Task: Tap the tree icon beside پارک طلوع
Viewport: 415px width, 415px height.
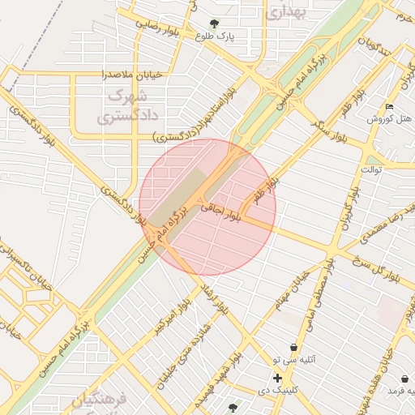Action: pos(214,24)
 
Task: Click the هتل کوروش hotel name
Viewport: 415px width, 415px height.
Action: pos(390,118)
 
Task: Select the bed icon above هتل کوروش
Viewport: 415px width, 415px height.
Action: pos(390,107)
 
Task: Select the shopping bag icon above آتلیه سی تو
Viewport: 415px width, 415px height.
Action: pos(293,347)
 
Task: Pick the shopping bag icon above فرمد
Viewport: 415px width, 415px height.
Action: pos(404,379)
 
